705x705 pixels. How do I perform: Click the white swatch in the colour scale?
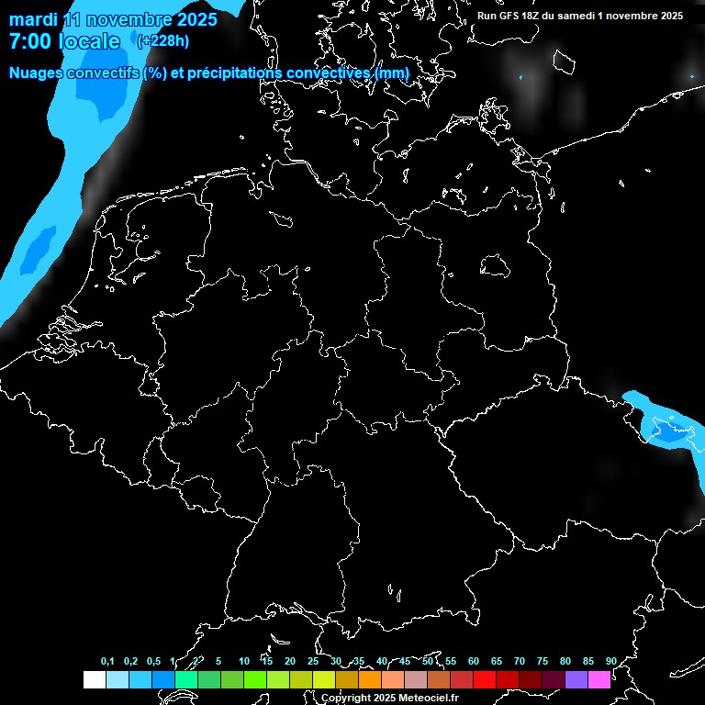[x=95, y=679]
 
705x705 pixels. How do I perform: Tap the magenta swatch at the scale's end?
[x=599, y=679]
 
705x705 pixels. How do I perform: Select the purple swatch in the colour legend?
[x=576, y=679]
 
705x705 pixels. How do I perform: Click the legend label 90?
[x=610, y=661]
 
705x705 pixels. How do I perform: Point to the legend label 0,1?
[x=107, y=661]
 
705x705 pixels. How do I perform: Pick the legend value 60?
[x=473, y=661]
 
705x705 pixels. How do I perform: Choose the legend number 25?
[x=312, y=661]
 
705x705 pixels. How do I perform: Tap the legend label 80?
[x=565, y=661]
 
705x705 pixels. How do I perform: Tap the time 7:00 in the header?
[x=29, y=41]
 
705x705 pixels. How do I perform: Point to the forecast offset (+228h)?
[x=162, y=41]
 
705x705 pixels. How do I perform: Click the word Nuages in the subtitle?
[x=39, y=73]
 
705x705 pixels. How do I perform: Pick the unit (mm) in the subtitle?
[x=393, y=73]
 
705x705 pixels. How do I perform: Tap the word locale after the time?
[x=89, y=41]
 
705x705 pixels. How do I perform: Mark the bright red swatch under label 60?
[x=485, y=679]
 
